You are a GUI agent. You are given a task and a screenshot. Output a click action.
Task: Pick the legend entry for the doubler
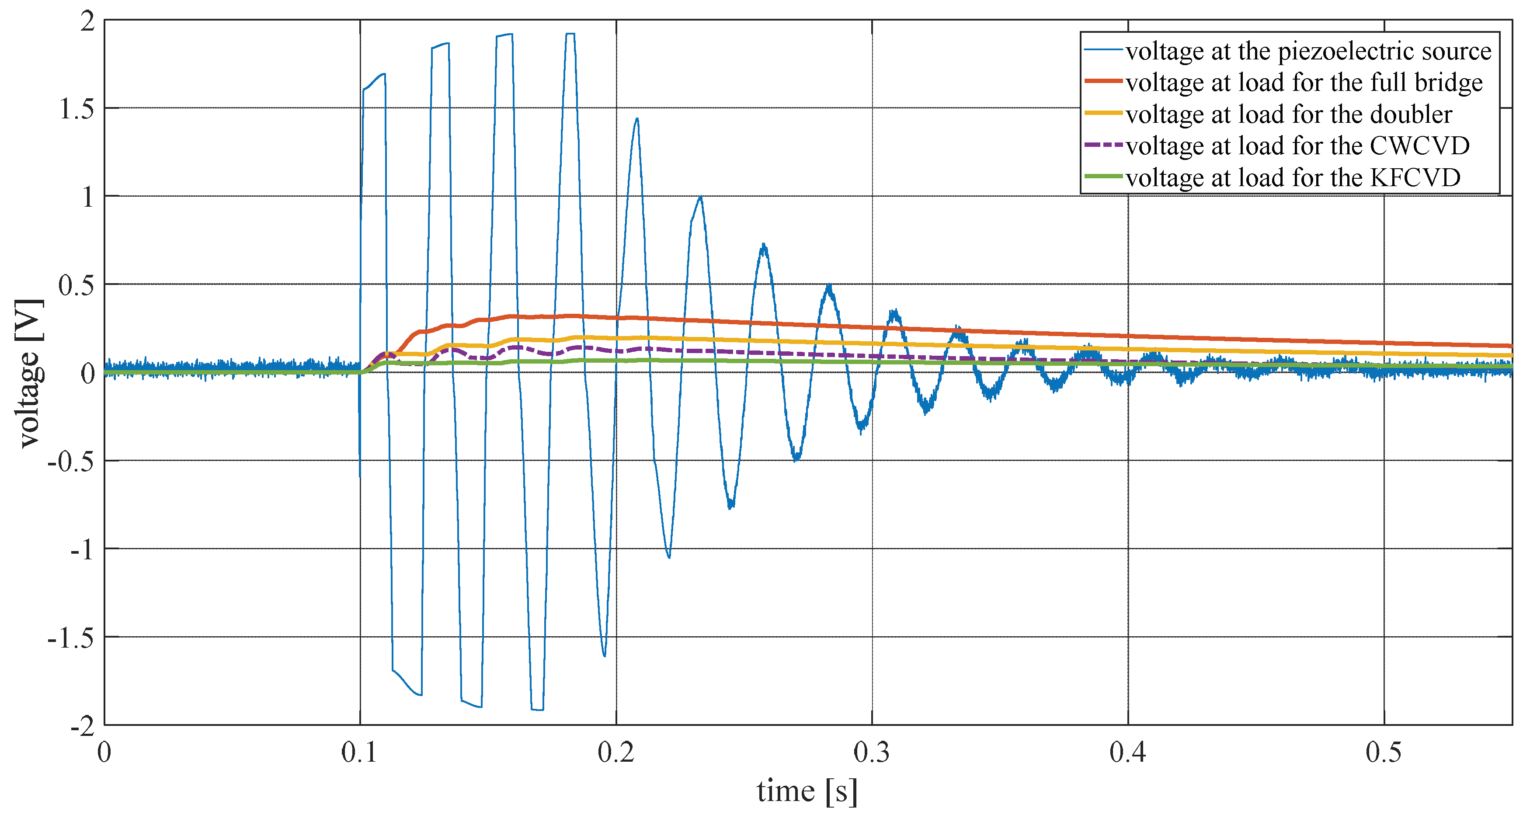pyautogui.click(x=1288, y=114)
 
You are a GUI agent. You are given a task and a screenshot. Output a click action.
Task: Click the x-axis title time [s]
pyautogui.click(x=807, y=791)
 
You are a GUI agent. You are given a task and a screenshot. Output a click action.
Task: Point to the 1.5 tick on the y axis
pyautogui.click(x=77, y=109)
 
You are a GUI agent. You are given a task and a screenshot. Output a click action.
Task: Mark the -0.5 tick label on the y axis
pyautogui.click(x=71, y=461)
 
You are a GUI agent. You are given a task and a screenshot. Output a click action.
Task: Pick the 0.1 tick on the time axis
pyautogui.click(x=359, y=753)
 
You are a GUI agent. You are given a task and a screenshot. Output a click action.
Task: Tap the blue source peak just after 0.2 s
pyautogui.click(x=637, y=119)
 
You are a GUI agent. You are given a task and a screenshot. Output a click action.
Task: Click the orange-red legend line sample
pyautogui.click(x=1103, y=81)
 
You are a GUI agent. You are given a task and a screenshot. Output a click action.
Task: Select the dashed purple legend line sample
pyautogui.click(x=1103, y=144)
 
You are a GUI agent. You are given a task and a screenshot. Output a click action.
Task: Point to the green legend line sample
pyautogui.click(x=1103, y=177)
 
